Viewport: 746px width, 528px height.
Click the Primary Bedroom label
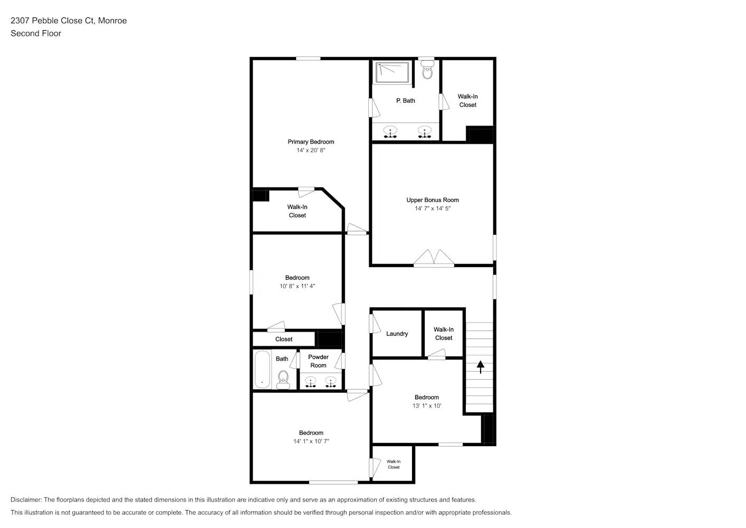311,142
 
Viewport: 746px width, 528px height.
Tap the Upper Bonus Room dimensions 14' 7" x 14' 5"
432,209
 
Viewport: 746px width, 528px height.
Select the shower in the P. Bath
391,72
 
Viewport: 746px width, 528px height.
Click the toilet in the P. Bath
427,71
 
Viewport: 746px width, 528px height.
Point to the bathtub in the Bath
262,369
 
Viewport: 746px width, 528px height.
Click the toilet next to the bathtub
283,379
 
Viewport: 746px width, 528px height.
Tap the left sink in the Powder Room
311,381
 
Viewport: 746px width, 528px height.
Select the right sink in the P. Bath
424,131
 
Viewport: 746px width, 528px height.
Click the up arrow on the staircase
481,366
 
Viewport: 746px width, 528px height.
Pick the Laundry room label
397,334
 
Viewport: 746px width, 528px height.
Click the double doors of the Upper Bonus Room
434,257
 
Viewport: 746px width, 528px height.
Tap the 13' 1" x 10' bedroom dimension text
427,406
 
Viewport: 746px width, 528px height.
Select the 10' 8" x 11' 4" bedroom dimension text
297,286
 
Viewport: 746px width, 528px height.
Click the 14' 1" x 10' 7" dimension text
311,441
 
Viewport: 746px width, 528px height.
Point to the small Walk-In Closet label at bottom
394,464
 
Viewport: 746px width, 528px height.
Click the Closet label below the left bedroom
283,339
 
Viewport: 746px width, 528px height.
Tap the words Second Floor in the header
36,33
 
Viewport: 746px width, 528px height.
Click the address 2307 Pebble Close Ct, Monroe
69,21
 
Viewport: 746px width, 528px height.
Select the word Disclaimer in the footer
26,499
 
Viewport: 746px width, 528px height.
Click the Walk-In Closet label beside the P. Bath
467,100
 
